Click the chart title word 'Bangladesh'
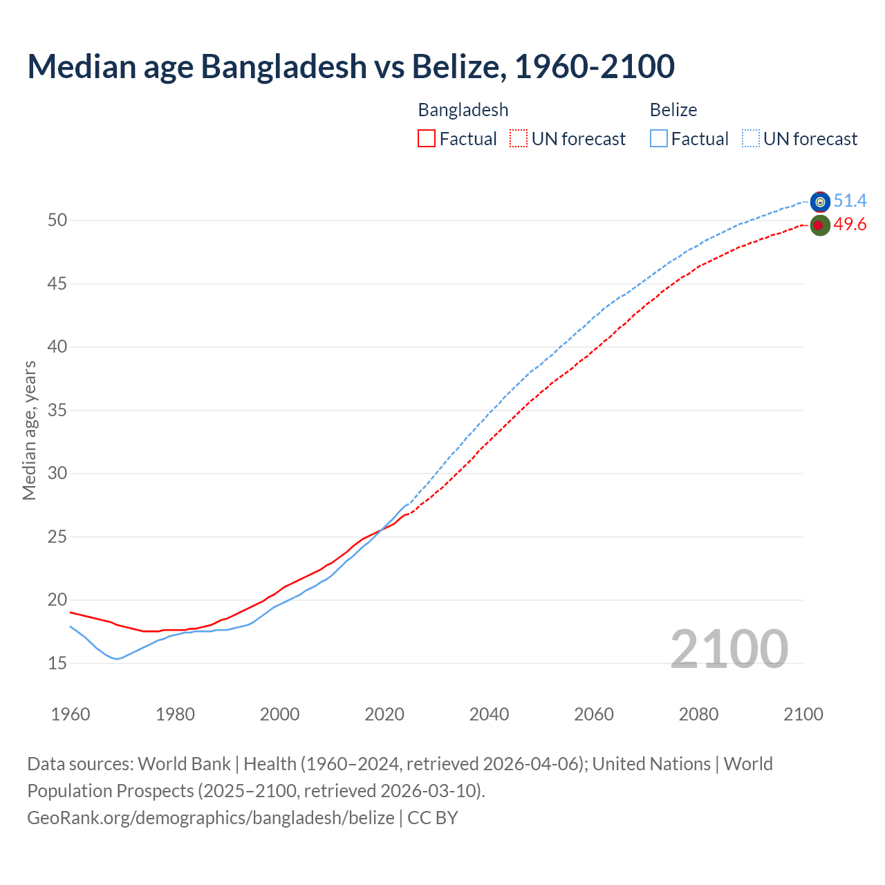[283, 66]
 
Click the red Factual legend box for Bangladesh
[427, 139]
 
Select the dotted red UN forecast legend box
[519, 139]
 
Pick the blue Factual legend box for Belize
[659, 139]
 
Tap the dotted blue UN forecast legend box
[751, 139]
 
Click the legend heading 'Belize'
[673, 110]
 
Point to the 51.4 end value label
[850, 201]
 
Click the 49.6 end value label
[850, 225]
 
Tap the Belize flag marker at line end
[820, 202]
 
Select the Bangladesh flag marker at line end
[819, 225]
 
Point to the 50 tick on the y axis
[57, 221]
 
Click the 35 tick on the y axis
[57, 410]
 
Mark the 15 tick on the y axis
[57, 663]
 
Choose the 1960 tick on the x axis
[71, 714]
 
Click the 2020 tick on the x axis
[384, 714]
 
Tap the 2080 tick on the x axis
[698, 714]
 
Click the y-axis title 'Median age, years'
[29, 430]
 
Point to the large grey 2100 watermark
[729, 649]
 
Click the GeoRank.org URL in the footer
[211, 818]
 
